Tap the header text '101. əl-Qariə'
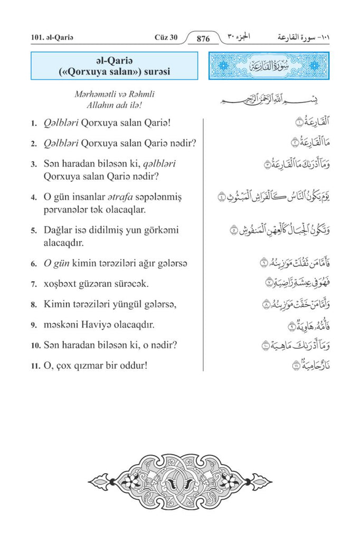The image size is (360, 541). (x=50, y=38)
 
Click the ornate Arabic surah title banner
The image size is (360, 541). (x=269, y=66)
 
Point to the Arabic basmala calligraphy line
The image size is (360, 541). (x=261, y=99)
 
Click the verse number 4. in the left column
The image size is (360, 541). (x=33, y=198)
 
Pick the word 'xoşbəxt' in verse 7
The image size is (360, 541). (x=59, y=284)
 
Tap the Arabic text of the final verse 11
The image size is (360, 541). (x=305, y=366)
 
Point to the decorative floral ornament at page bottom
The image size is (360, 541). (x=179, y=481)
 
